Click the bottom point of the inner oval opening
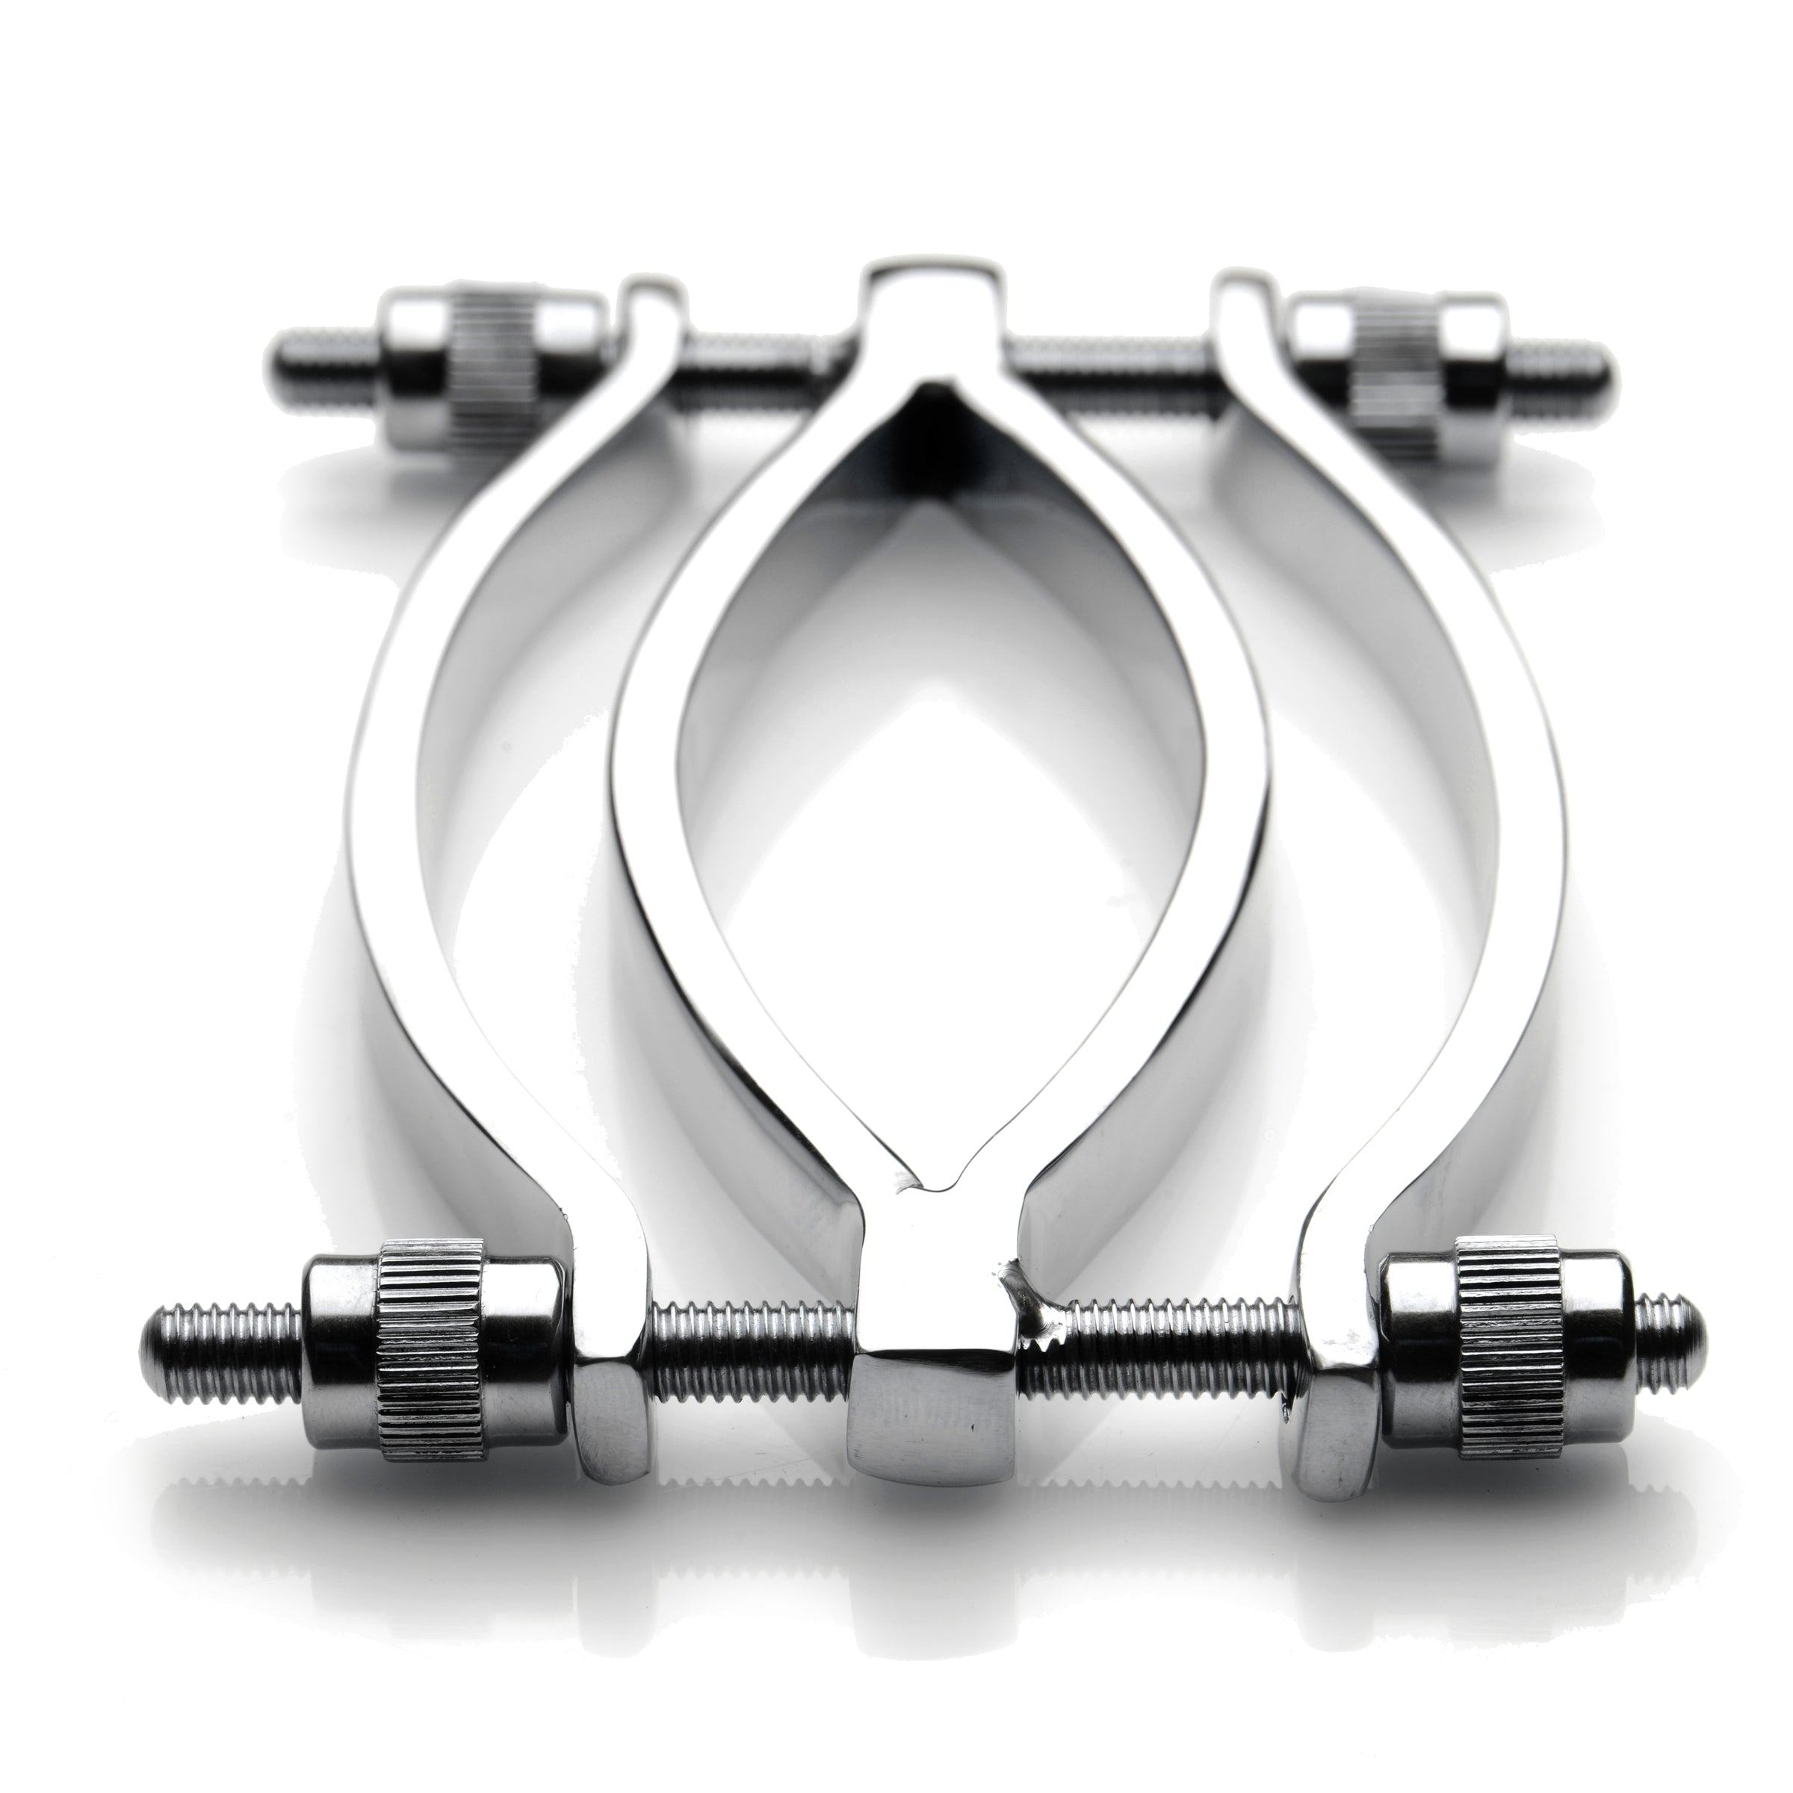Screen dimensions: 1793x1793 coord(932,1188)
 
